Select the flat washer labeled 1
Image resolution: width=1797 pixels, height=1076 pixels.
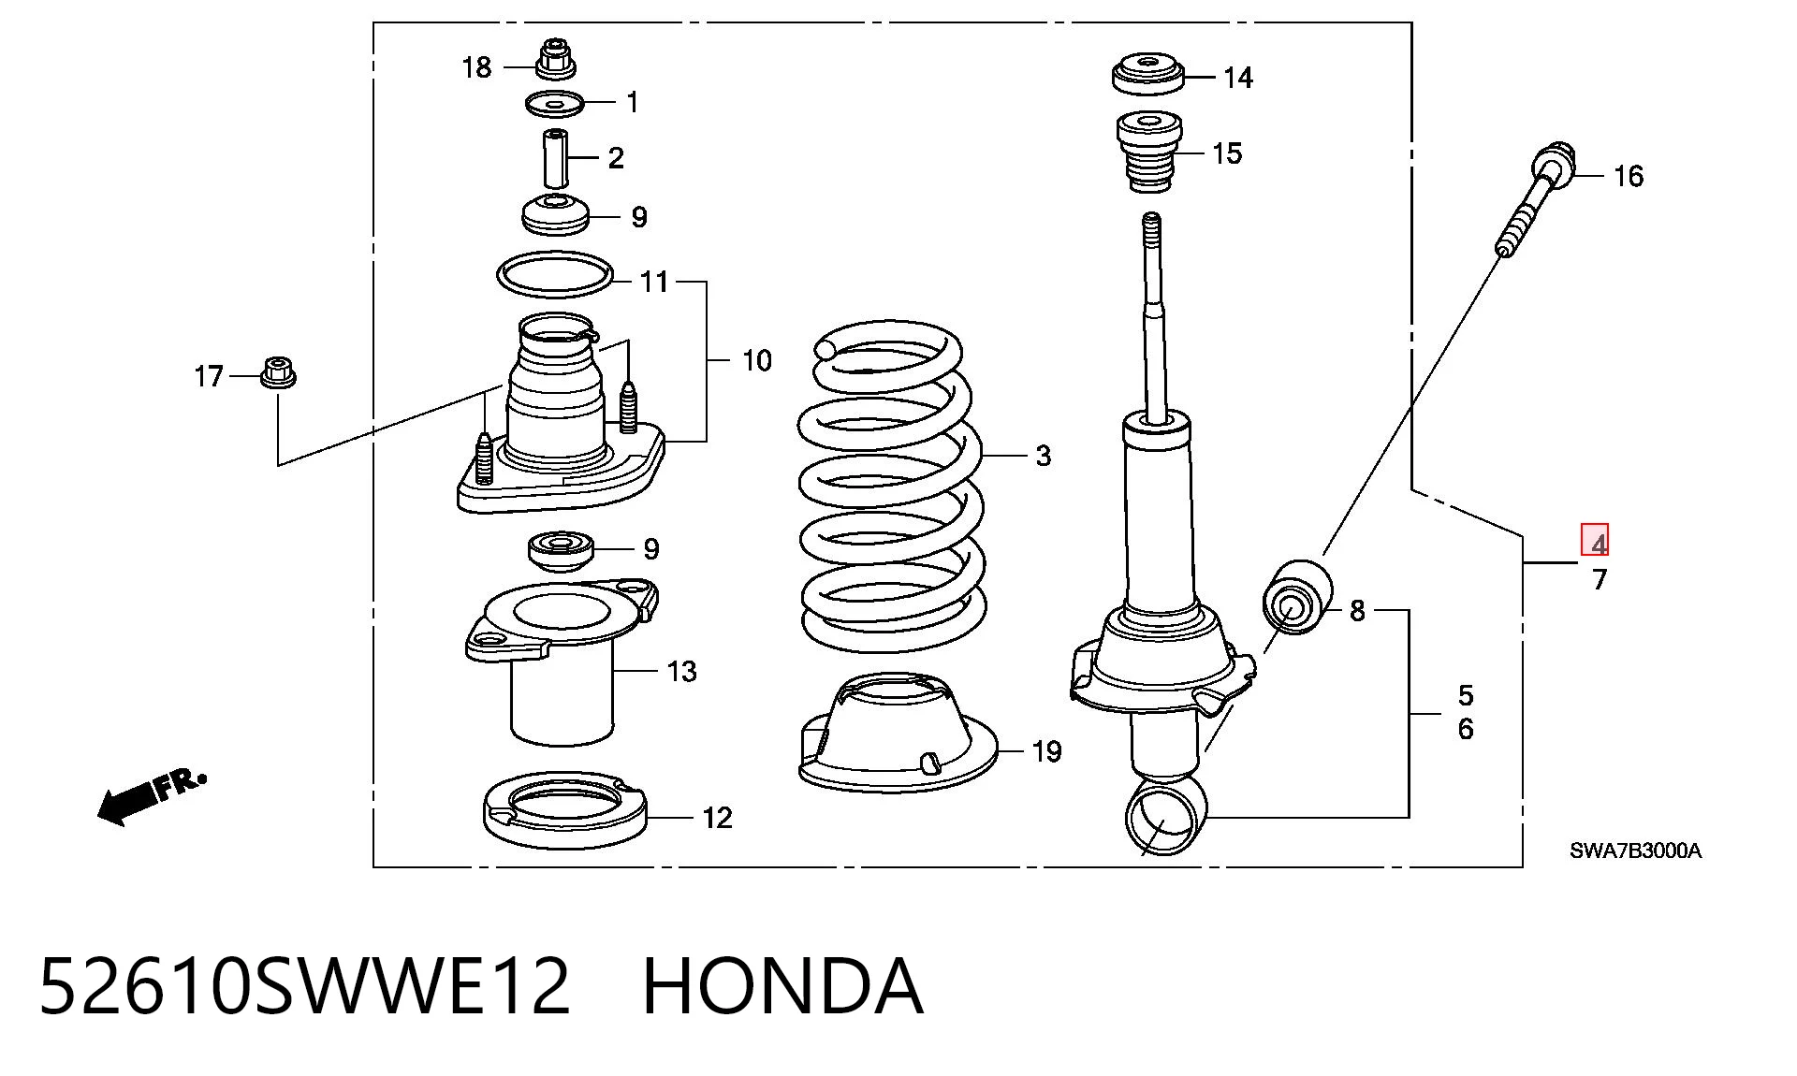pyautogui.click(x=555, y=103)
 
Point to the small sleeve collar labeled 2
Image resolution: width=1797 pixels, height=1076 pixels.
pyautogui.click(x=557, y=158)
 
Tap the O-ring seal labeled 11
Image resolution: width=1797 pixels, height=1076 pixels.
pyautogui.click(x=555, y=273)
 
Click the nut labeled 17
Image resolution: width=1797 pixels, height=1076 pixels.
pyautogui.click(x=277, y=373)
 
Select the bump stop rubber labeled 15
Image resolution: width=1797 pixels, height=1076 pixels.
pyautogui.click(x=1149, y=152)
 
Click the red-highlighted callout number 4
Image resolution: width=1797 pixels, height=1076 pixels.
pyautogui.click(x=1595, y=540)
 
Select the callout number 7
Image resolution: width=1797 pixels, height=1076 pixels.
pyautogui.click(x=1600, y=580)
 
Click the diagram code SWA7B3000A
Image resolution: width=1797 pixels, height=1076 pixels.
pyautogui.click(x=1635, y=851)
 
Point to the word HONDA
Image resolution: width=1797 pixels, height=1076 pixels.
pyautogui.click(x=783, y=985)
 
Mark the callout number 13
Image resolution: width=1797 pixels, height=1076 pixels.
pyautogui.click(x=682, y=672)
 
